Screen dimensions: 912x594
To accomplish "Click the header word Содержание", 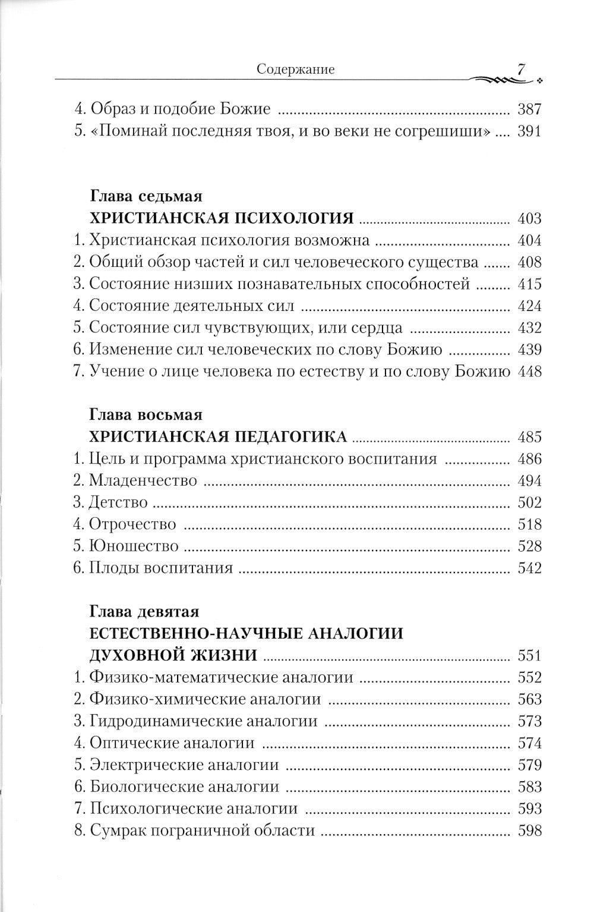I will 295,70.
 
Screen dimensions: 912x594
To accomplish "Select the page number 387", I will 529,109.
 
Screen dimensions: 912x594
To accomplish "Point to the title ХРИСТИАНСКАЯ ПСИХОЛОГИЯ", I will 221,219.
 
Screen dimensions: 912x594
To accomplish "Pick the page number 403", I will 529,219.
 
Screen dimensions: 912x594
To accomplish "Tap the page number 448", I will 529,372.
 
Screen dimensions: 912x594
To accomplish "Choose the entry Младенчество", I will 135,481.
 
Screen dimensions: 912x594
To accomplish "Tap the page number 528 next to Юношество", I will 529,546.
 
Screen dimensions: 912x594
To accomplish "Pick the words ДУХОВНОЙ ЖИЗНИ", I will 173,655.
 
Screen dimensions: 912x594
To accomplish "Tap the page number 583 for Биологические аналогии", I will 529,787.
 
